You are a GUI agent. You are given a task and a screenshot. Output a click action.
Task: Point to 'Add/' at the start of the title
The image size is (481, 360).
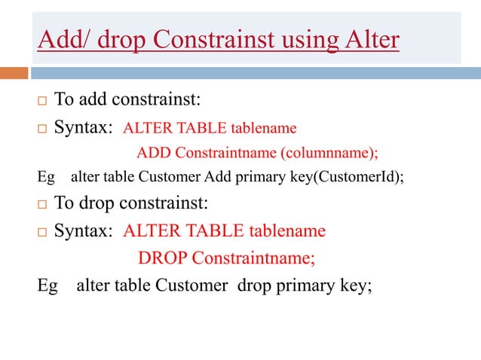tap(62, 39)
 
